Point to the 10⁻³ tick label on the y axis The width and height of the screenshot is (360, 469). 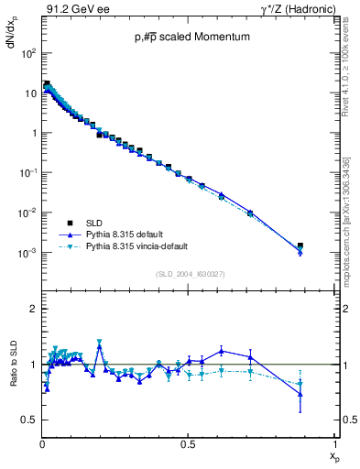click(27, 253)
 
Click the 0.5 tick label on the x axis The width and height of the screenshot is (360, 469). click(187, 443)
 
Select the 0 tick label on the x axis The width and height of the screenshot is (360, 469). click(42, 443)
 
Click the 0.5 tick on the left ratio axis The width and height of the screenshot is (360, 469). click(28, 420)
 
